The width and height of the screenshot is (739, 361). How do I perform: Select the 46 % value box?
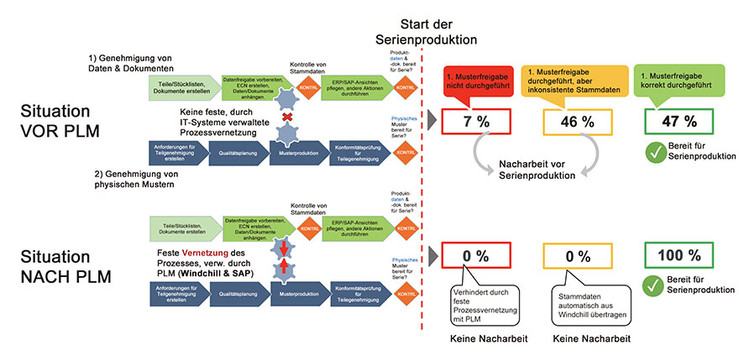(x=576, y=121)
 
